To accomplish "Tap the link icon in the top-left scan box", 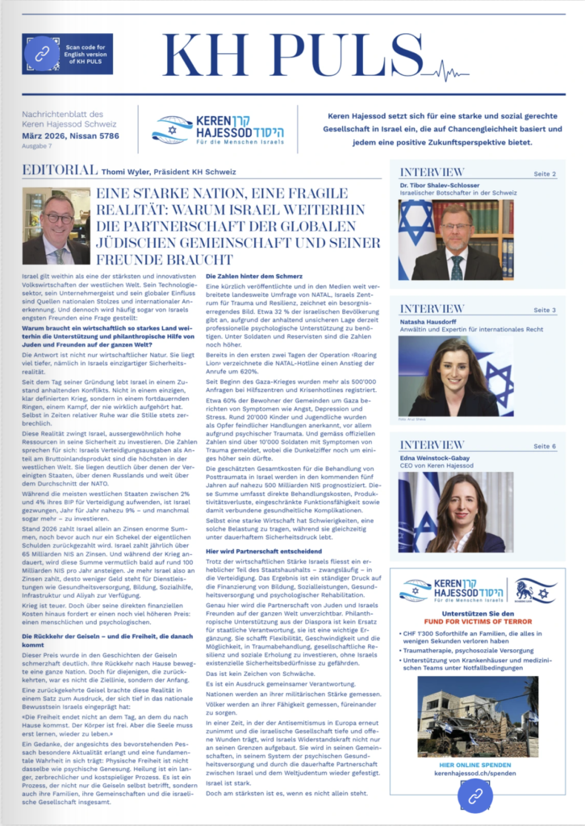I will (x=37, y=54).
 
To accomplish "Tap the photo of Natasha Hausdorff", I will (x=456, y=377).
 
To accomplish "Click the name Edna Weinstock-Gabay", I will (x=442, y=457).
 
